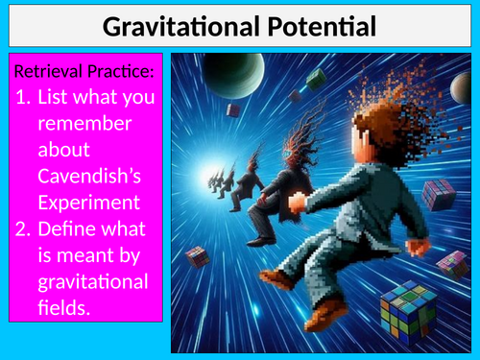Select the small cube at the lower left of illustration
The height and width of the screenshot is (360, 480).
(198, 256)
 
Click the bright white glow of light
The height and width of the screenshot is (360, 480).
(205, 179)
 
